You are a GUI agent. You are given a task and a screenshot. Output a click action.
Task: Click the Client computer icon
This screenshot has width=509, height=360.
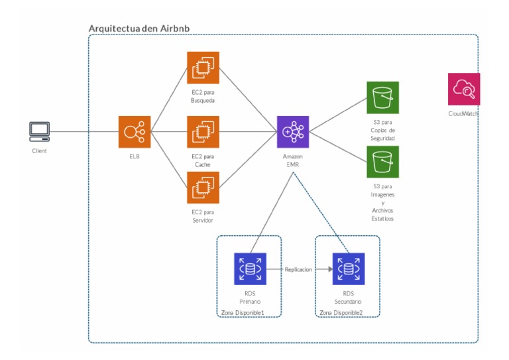tap(39, 131)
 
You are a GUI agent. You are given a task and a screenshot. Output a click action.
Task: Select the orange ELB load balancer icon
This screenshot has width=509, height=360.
tap(135, 131)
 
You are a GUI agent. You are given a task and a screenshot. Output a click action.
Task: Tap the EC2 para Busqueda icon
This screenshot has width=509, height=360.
tap(202, 68)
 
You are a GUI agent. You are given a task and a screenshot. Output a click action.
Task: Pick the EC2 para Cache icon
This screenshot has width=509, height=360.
tap(202, 131)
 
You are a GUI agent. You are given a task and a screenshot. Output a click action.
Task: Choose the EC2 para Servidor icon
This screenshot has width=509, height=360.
tap(202, 188)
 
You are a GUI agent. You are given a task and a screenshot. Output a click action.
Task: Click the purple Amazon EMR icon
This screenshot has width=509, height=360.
tap(293, 131)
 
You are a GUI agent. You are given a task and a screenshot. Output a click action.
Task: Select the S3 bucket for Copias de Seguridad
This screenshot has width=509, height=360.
tap(383, 98)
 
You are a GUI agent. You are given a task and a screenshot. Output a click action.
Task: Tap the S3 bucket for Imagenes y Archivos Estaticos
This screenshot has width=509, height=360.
tap(383, 161)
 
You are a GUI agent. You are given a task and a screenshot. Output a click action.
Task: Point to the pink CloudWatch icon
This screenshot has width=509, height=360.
tap(463, 89)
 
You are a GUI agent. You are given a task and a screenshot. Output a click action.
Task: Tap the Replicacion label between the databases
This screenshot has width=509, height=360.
tap(299, 269)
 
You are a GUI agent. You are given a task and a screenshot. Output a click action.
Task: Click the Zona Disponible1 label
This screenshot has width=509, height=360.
tap(242, 312)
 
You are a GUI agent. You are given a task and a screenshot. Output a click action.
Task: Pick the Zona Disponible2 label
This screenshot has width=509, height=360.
tap(341, 312)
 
